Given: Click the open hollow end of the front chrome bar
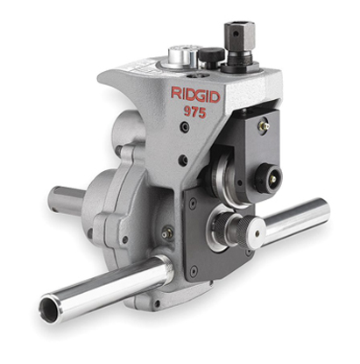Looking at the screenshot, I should (52, 307).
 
